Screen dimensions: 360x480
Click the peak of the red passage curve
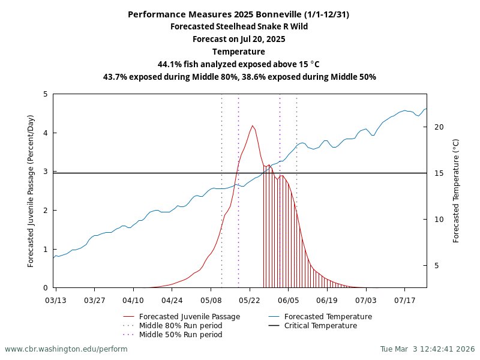[x=253, y=126]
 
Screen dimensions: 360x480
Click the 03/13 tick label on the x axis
[x=56, y=299]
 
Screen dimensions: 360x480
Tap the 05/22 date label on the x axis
[x=250, y=299]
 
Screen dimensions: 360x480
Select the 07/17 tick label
[x=404, y=299]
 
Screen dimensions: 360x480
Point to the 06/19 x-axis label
[x=327, y=299]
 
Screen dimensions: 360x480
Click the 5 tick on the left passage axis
[x=46, y=94]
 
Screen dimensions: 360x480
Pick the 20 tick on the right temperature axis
[x=439, y=127]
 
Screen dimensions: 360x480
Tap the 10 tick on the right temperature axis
[x=439, y=220]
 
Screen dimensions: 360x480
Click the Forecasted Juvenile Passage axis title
[x=31, y=191]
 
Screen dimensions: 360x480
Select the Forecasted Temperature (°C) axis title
[x=456, y=191]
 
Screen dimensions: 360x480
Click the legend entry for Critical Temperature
[x=321, y=326]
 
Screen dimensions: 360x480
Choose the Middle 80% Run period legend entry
[x=181, y=326]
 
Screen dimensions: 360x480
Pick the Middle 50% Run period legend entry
[x=181, y=335]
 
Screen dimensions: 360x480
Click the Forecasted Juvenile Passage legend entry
[x=190, y=317]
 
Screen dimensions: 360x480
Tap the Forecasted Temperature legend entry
[x=328, y=317]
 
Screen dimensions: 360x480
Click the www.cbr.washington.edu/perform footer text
[x=66, y=349]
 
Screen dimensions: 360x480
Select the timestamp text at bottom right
[x=427, y=349]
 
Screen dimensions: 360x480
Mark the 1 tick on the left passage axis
[x=46, y=249]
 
